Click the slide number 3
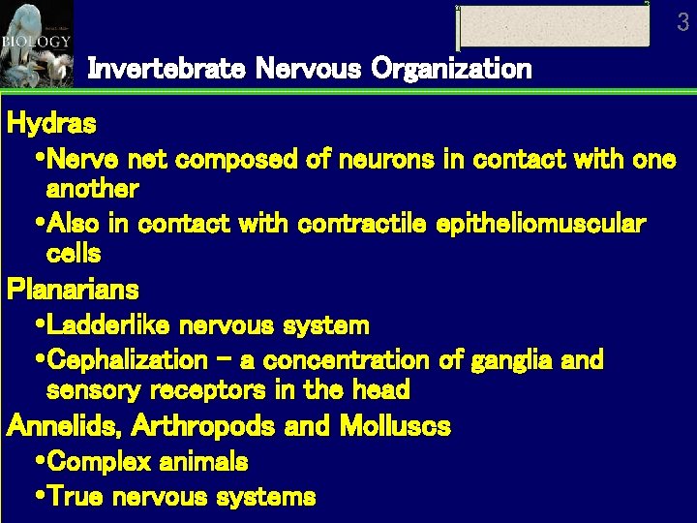pos(683,21)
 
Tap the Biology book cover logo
pos(37,44)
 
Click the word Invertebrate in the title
pos(167,69)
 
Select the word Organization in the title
pos(451,69)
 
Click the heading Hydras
pos(51,124)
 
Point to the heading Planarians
pos(73,290)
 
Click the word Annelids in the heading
pos(65,425)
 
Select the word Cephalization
pos(126,360)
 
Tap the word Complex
pos(99,461)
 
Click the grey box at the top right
pos(554,26)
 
